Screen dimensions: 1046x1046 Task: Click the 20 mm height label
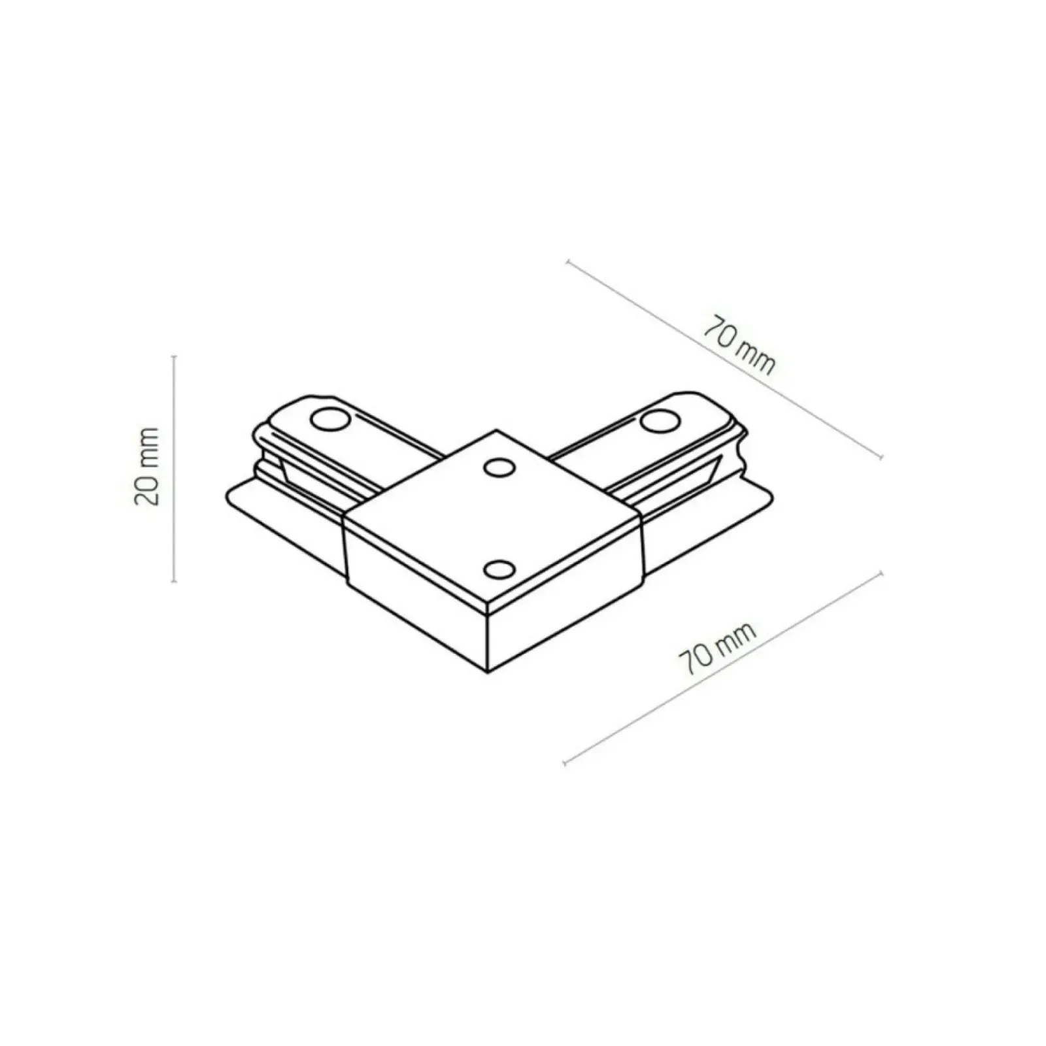tap(146, 466)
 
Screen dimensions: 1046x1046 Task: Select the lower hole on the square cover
tap(498, 569)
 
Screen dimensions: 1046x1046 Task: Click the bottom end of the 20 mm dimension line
tap(174, 581)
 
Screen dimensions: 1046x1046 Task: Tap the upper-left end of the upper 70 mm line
tap(568, 262)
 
